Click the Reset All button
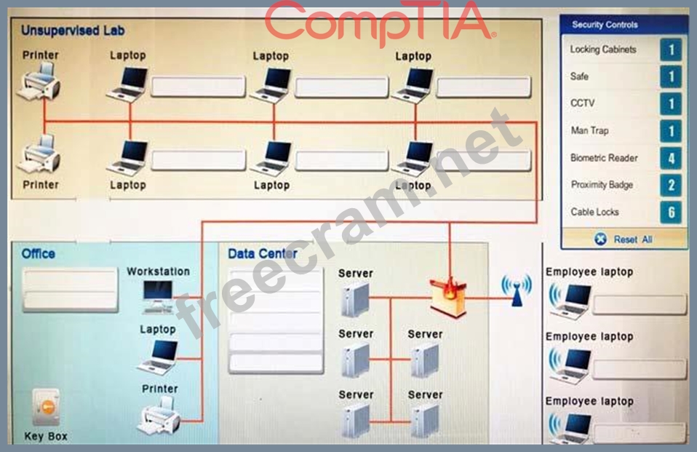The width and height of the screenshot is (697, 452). pyautogui.click(x=624, y=239)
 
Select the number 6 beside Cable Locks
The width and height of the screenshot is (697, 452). pyautogui.click(x=671, y=213)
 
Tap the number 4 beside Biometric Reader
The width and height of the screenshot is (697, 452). pyautogui.click(x=671, y=158)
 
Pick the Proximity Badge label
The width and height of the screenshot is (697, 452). pyautogui.click(x=602, y=185)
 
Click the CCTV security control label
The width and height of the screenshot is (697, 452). pyautogui.click(x=582, y=103)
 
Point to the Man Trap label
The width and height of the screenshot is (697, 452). pyautogui.click(x=589, y=130)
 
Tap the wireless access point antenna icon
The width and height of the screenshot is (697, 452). pyautogui.click(x=517, y=290)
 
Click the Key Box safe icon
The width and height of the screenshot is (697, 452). pyautogui.click(x=46, y=407)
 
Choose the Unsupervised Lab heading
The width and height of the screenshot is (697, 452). pyautogui.click(x=73, y=31)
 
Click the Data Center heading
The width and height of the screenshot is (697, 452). pyautogui.click(x=262, y=253)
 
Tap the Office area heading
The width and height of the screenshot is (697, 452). pyautogui.click(x=39, y=253)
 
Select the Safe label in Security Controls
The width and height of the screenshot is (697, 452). pyautogui.click(x=579, y=76)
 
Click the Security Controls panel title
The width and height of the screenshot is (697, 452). pyautogui.click(x=605, y=25)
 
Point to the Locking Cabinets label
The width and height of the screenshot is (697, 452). pyautogui.click(x=602, y=49)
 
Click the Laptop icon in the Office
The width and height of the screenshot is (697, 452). pyautogui.click(x=158, y=357)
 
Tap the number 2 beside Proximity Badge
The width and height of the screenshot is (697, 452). pyautogui.click(x=671, y=185)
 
